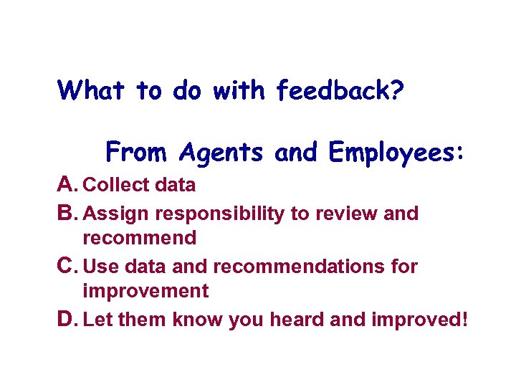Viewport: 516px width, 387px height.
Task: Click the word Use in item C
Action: click(100, 267)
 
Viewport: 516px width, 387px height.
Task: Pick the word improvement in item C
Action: click(145, 291)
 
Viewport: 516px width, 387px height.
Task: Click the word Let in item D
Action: click(98, 318)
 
